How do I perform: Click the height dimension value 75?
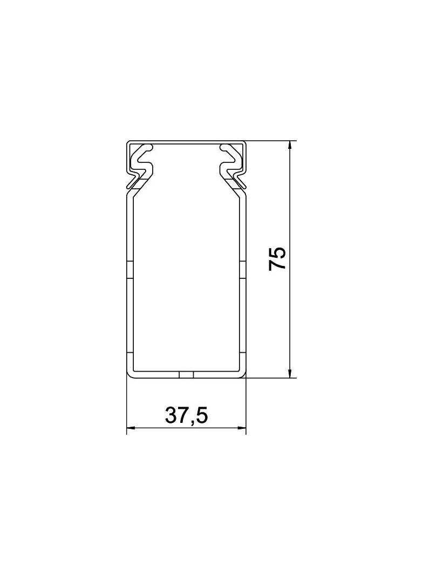pyautogui.click(x=277, y=259)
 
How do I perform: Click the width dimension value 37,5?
pyautogui.click(x=186, y=415)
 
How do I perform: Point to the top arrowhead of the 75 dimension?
pyautogui.click(x=290, y=145)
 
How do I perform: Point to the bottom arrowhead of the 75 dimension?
pyautogui.click(x=290, y=373)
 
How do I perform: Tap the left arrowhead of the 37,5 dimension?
pyautogui.click(x=131, y=428)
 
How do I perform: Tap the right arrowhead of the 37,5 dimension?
pyautogui.click(x=241, y=428)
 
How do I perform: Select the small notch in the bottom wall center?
pyautogui.click(x=186, y=375)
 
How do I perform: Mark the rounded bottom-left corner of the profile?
pyautogui.click(x=129, y=375)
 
